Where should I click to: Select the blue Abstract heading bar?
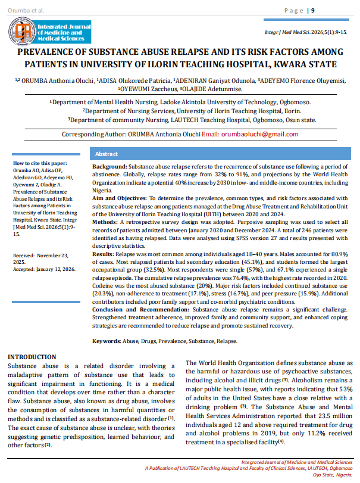pos(223,154)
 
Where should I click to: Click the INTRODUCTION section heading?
pos(32,357)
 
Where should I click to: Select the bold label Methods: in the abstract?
pos(105,220)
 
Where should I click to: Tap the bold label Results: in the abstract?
pos(104,254)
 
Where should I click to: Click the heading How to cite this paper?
pos(40,163)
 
